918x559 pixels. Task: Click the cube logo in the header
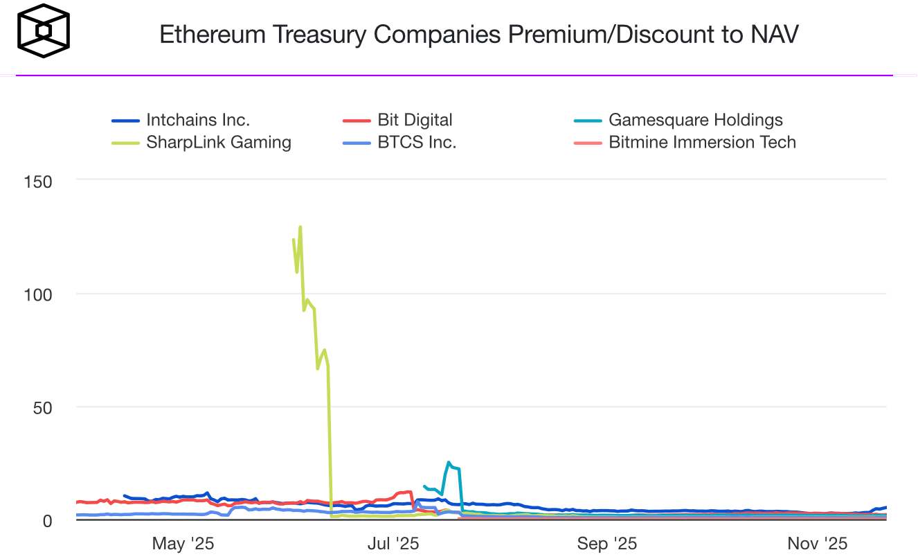[44, 32]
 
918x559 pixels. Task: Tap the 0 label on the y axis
[48, 520]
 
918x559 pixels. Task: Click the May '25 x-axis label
[183, 544]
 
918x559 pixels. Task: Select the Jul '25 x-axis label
[393, 544]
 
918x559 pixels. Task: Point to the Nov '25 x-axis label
[817, 544]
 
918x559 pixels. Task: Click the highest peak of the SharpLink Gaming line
[300, 227]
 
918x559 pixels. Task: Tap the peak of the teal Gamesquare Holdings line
[449, 462]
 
